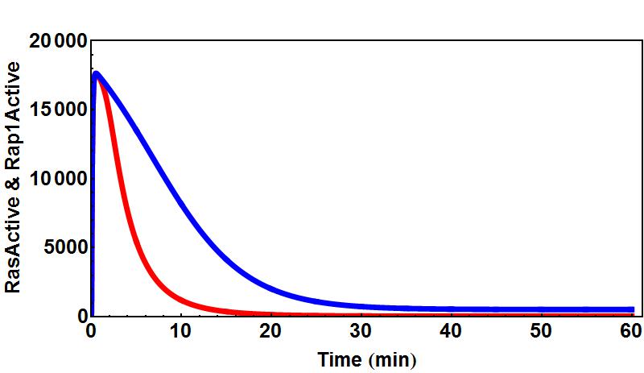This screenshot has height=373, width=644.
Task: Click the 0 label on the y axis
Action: tap(81, 317)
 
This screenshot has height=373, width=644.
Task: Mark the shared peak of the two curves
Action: tap(97, 73)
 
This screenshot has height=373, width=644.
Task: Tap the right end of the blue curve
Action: tap(633, 309)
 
